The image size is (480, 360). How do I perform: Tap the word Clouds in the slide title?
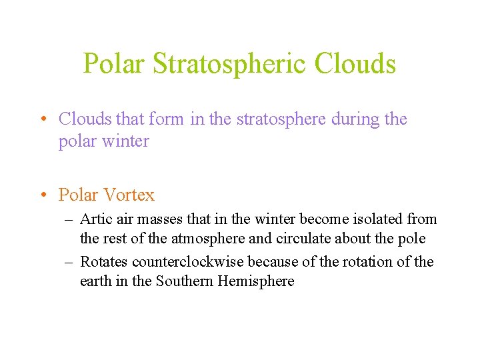355,64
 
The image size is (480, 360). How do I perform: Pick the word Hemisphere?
258,281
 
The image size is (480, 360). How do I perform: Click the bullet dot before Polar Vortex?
42,195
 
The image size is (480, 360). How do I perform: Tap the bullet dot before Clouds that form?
42,119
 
